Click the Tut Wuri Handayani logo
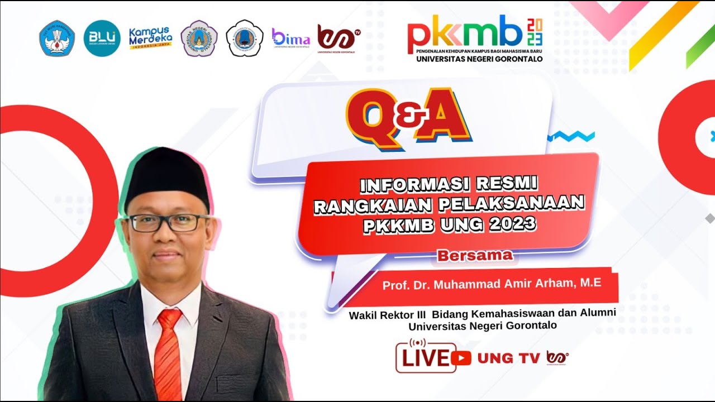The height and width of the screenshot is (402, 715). coord(57,38)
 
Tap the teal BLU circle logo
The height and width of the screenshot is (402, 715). coord(102,38)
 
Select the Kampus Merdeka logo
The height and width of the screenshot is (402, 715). coord(151,38)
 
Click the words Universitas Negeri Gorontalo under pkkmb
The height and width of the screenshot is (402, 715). coord(479,59)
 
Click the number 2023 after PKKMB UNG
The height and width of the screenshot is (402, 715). coord(508,224)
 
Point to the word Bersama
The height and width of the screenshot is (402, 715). coord(475,256)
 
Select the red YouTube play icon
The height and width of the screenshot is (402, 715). coord(461,358)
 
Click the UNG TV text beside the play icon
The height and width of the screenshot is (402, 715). coord(508,358)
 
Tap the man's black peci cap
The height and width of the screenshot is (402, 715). coord(166,177)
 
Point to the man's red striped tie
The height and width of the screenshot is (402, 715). coord(168,352)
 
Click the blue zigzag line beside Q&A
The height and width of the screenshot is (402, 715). coord(571,136)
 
